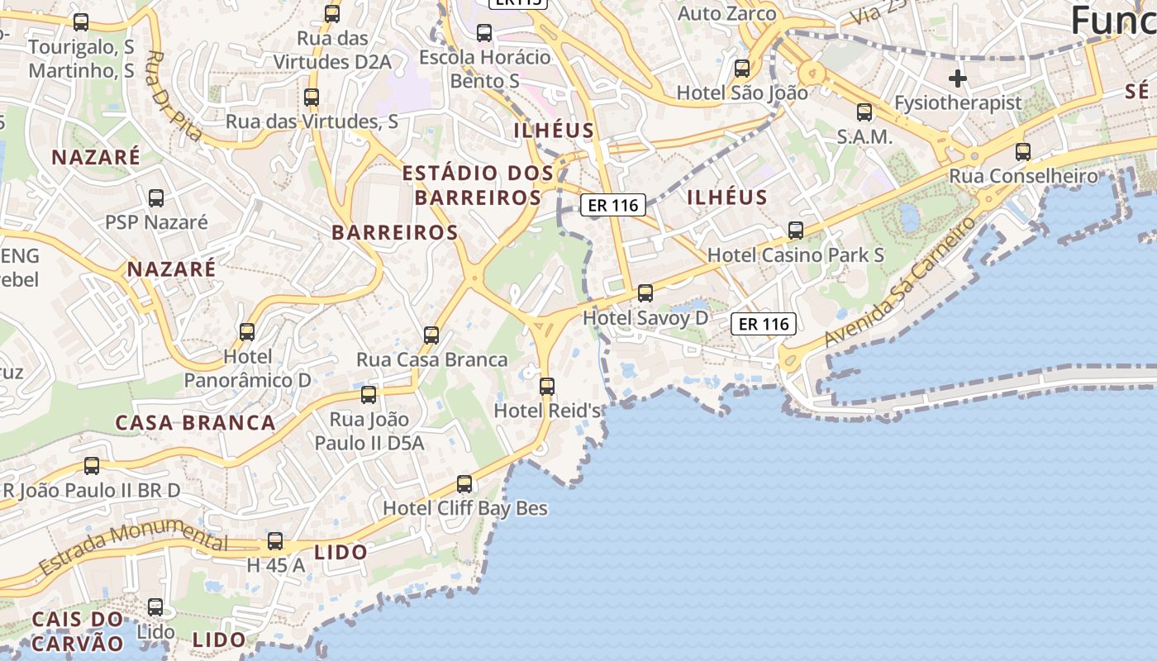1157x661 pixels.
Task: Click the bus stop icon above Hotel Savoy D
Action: tap(645, 293)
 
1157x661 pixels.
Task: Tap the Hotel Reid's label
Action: tap(546, 411)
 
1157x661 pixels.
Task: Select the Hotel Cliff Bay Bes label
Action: tap(465, 508)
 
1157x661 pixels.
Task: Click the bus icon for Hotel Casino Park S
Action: tap(796, 231)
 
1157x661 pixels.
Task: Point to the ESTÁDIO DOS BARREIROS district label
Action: tap(478, 185)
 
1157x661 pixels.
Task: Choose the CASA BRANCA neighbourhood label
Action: tap(195, 423)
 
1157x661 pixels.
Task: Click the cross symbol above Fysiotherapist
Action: tap(958, 78)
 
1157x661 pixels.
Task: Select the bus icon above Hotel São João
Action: tap(742, 69)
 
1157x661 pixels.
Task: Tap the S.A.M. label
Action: tap(864, 137)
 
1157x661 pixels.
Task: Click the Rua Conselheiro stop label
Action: tap(1023, 176)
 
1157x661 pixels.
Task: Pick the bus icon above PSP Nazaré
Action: tap(155, 198)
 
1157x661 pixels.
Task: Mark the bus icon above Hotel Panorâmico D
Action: tap(247, 332)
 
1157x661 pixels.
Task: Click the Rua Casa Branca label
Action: tap(431, 360)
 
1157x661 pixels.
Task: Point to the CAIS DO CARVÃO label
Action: tap(78, 630)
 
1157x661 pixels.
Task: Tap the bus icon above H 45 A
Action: tap(275, 542)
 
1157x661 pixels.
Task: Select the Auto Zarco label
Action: tap(727, 14)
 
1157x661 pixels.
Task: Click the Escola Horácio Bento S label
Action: tap(484, 69)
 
